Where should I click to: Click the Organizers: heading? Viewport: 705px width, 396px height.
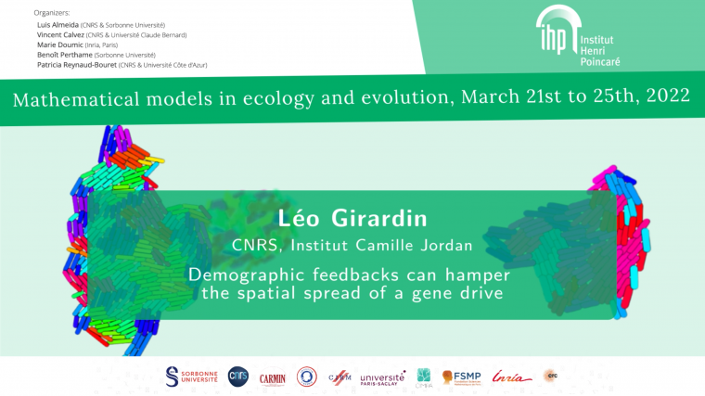pos(51,13)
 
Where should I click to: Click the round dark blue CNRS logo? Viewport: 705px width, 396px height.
pos(237,376)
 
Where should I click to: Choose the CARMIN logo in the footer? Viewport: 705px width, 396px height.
pos(273,377)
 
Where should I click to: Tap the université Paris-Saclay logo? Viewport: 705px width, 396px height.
pos(382,377)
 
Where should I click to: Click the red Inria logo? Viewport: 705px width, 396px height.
pos(512,377)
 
